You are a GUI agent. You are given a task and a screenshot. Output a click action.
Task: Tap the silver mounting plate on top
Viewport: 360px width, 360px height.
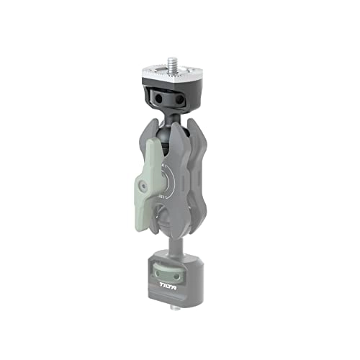pyautogui.click(x=176, y=77)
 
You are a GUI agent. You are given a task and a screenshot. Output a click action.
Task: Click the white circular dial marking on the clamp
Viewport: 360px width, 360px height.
pyautogui.click(x=166, y=179)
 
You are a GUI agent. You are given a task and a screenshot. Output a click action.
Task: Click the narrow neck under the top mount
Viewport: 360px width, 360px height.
pyautogui.click(x=172, y=112)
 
